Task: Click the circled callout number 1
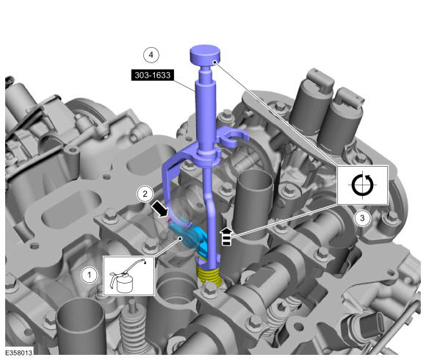(x=90, y=275)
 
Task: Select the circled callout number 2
(x=145, y=194)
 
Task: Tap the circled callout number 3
(x=362, y=218)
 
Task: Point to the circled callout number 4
(x=151, y=55)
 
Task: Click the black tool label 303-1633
(x=153, y=75)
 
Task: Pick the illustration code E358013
(x=19, y=353)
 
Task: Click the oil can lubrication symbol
(x=129, y=276)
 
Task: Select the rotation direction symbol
(x=362, y=185)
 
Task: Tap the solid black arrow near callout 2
(x=160, y=209)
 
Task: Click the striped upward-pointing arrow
(x=226, y=237)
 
